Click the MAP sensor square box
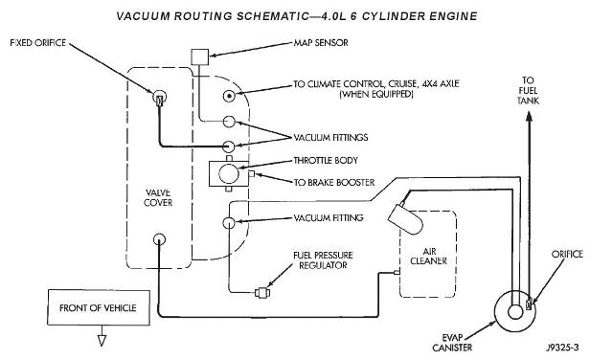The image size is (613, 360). tap(200, 57)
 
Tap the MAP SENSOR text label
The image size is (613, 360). tap(321, 42)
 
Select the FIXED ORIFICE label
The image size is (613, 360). tap(38, 42)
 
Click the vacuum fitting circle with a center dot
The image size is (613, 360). tap(229, 96)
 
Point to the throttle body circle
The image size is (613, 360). tap(229, 173)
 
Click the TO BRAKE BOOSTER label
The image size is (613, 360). tap(334, 183)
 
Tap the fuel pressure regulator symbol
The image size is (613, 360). tap(261, 292)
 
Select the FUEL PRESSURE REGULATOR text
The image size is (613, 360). tap(323, 260)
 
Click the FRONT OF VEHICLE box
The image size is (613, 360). tap(99, 307)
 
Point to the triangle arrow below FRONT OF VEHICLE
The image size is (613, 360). tap(102, 341)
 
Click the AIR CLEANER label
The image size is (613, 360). tap(428, 256)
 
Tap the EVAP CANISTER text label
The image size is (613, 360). tap(452, 343)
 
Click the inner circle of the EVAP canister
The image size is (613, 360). tap(515, 312)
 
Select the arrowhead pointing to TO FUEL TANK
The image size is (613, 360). tap(529, 117)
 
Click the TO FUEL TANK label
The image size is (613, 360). tap(528, 91)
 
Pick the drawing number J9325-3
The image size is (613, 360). tap(562, 348)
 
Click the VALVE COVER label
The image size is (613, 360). tap(158, 197)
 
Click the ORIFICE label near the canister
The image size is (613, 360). tap(567, 254)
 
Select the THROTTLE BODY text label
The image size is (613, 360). tap(326, 160)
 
